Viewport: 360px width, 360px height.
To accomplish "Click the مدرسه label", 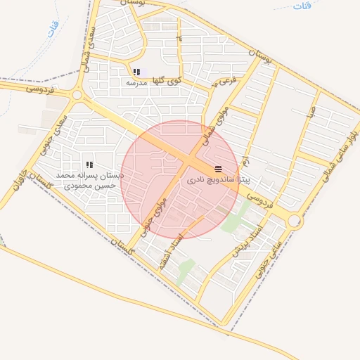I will coord(136,82).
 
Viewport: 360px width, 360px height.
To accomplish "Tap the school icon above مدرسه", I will coord(136,72).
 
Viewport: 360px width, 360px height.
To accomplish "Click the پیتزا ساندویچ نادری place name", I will coord(219,180).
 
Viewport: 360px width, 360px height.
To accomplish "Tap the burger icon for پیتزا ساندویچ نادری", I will coord(218,169).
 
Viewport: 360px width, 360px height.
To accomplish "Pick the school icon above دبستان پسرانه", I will coord(89,165).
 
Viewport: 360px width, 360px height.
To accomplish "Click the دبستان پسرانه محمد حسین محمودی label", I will coord(89,180).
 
